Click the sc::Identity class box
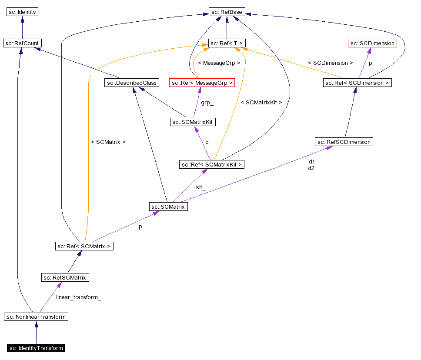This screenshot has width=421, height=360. (22, 12)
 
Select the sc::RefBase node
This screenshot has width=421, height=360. (226, 12)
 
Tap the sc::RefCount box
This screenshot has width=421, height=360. (22, 43)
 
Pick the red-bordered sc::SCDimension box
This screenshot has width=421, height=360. (372, 43)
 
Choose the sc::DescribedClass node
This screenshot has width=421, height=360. (132, 83)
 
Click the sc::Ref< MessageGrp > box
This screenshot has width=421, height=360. (202, 83)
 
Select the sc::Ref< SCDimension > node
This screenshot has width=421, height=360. (357, 83)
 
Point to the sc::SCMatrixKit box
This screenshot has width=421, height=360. (193, 122)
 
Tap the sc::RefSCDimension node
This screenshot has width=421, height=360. (344, 142)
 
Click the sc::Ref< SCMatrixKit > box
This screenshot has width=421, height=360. (212, 164)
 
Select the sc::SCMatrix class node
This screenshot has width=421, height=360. (168, 207)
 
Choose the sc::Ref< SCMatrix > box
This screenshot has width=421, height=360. (84, 247)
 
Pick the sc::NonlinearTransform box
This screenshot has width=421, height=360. (36, 317)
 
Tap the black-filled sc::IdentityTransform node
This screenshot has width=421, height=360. (36, 348)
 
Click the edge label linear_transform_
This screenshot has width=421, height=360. (79, 298)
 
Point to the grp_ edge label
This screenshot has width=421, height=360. (207, 103)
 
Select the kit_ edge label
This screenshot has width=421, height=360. (200, 187)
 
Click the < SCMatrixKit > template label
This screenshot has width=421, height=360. (261, 103)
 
